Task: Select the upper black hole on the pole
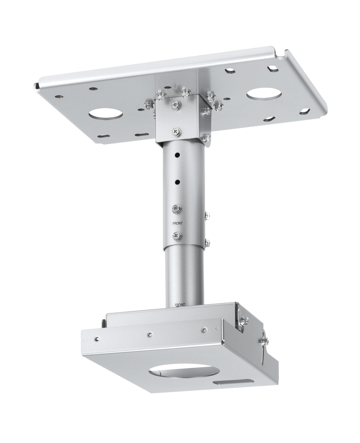(x=177, y=155)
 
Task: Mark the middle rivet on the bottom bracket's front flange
(x=151, y=334)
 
